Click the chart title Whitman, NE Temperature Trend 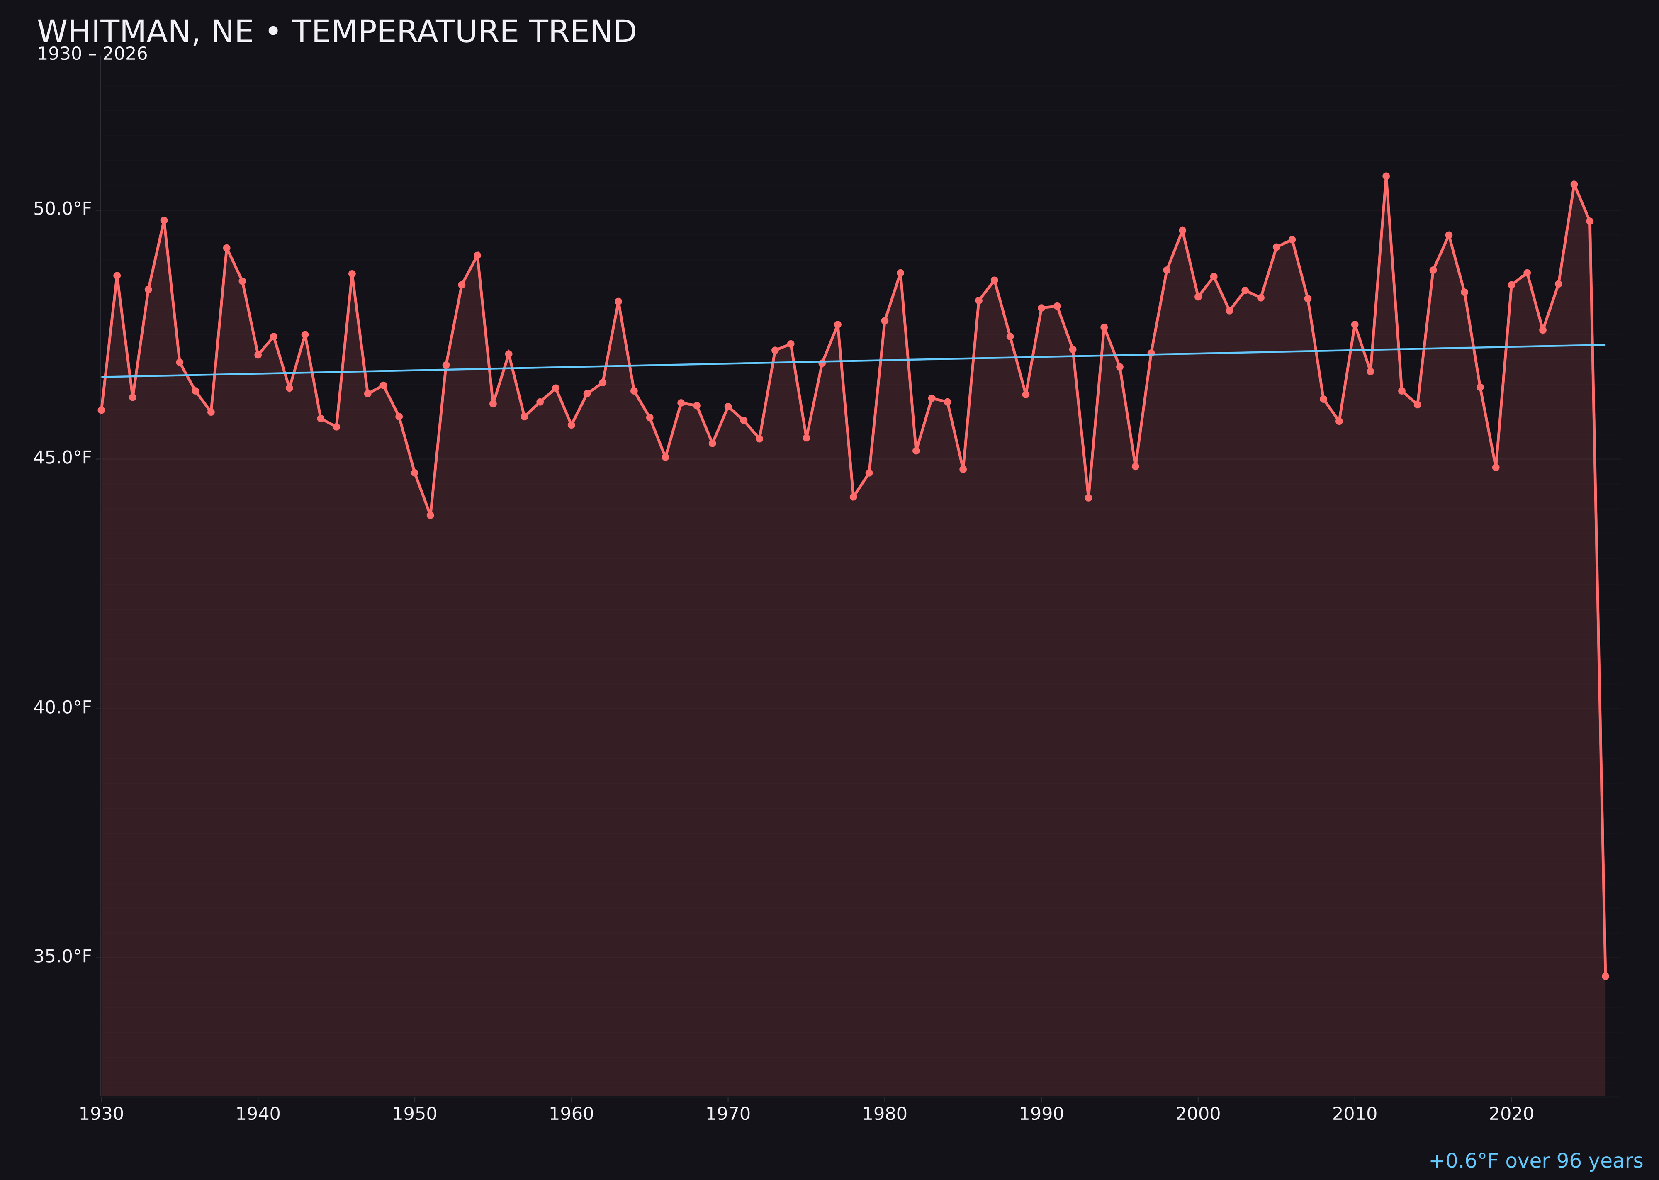(x=336, y=32)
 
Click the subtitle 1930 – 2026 (x=92, y=54)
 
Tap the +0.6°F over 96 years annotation (x=1535, y=1160)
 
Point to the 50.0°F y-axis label (x=63, y=209)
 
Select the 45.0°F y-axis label (x=63, y=458)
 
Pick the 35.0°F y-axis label (x=63, y=956)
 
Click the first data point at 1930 (x=102, y=410)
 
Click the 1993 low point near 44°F (x=1088, y=498)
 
